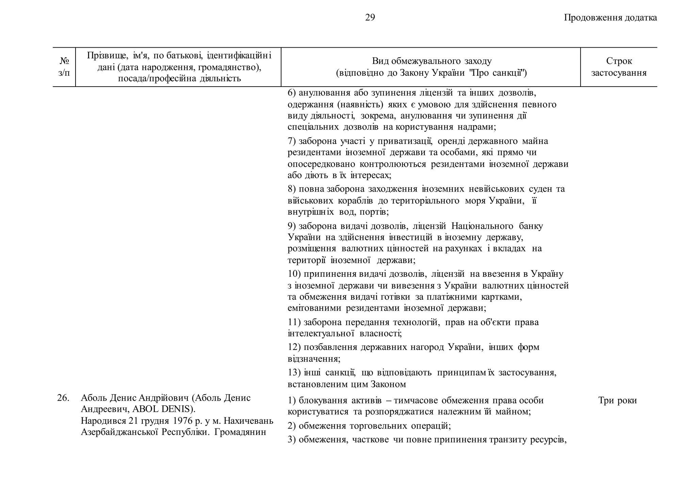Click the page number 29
(370, 18)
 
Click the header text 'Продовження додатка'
(610, 18)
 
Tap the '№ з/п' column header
(64, 67)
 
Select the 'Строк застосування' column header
(619, 67)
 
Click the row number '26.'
(63, 398)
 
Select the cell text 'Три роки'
(617, 401)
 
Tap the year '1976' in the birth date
(182, 421)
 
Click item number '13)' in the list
(294, 373)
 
